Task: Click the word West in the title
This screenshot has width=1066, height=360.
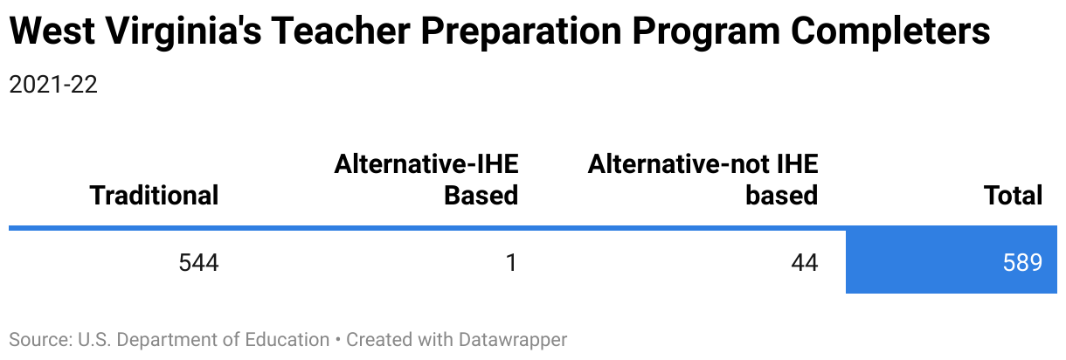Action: (52, 31)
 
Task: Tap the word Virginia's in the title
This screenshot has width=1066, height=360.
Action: (183, 33)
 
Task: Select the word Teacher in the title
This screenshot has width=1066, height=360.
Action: (341, 31)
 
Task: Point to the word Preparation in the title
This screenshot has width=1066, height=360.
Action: (521, 33)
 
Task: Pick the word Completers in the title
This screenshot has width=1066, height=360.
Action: (890, 33)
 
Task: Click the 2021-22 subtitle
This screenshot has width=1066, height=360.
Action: (53, 85)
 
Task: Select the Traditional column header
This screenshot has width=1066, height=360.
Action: (154, 195)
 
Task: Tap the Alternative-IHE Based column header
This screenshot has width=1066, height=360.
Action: (426, 179)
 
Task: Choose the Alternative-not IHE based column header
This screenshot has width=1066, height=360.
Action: (703, 179)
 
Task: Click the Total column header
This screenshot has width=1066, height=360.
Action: (1014, 195)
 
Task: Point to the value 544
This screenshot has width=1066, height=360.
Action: (199, 262)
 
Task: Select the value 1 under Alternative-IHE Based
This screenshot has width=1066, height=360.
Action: (511, 262)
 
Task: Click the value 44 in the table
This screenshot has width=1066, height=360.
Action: (805, 262)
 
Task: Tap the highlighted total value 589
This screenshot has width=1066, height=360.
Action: (1022, 262)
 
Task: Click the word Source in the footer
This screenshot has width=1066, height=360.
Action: (40, 340)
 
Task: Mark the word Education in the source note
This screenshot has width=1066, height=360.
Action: (287, 340)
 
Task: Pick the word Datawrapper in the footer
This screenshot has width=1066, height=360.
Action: (513, 341)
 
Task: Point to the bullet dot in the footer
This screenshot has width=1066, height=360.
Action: (338, 340)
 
